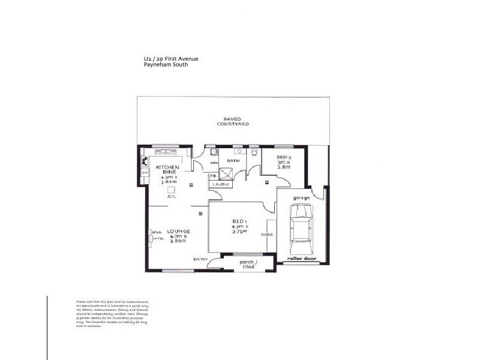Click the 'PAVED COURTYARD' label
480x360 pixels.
click(233, 121)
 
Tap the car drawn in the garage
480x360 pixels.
click(300, 228)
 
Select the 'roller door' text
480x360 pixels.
click(300, 259)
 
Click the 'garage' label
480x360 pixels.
click(301, 197)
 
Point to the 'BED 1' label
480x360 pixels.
click(239, 221)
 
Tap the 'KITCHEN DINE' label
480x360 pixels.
click(167, 170)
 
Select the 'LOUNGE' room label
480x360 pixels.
click(179, 231)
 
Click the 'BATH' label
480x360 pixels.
click(233, 161)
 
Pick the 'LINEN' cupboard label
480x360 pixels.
click(220, 184)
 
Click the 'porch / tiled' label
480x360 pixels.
click(248, 263)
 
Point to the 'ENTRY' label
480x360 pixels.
click(200, 259)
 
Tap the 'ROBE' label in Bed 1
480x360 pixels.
click(266, 235)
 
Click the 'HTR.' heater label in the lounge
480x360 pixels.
click(158, 238)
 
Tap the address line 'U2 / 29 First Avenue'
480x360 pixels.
click(167, 59)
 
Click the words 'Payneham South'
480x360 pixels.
click(162, 65)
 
